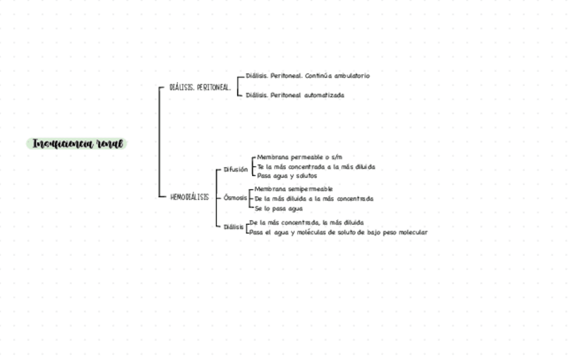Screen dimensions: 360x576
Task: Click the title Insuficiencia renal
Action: pos(78,144)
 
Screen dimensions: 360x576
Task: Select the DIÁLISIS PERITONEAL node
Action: pos(200,88)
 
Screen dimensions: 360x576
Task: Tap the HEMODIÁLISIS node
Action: pos(190,198)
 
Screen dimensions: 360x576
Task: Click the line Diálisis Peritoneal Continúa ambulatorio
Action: pos(308,76)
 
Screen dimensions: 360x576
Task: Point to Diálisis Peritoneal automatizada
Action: pos(295,95)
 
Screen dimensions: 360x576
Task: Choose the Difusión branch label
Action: pos(236,170)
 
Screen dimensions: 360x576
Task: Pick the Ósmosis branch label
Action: pos(235,198)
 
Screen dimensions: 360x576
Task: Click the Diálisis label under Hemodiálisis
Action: pos(233,227)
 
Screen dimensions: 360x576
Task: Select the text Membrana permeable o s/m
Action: pos(300,157)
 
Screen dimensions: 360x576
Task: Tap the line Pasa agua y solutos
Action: pos(287,176)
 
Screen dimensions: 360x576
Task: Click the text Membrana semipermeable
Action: pos(293,189)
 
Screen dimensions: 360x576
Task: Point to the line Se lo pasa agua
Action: pos(278,209)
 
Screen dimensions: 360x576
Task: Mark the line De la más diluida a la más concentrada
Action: pos(314,199)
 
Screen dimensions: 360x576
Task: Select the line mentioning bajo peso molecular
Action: pos(338,232)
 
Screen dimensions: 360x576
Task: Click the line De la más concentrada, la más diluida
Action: pos(306,222)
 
